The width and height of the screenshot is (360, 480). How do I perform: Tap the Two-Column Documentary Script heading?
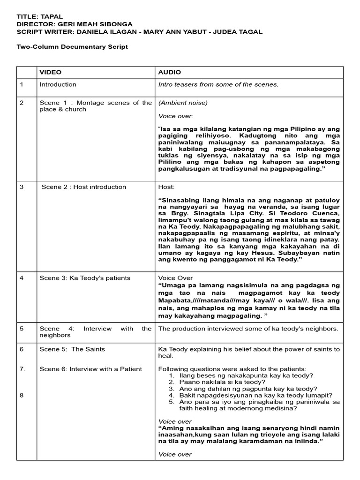(x=72, y=47)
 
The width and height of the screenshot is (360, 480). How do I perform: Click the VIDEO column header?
(x=50, y=72)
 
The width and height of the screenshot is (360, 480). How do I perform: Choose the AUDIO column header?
(x=169, y=72)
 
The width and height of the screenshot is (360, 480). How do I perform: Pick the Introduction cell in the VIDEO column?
(x=58, y=84)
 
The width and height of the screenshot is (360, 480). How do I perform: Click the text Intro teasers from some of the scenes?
(x=218, y=84)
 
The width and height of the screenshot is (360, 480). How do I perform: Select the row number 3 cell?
(x=22, y=187)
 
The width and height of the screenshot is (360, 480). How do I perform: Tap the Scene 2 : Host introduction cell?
(x=83, y=187)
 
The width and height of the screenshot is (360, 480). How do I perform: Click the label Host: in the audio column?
(x=166, y=187)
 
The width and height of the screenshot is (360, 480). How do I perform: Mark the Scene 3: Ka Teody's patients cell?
(x=85, y=278)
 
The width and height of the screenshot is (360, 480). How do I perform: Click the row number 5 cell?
(x=22, y=329)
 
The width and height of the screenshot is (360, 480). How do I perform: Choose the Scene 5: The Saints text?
(x=72, y=349)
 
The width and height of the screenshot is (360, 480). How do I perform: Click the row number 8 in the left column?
(x=22, y=395)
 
